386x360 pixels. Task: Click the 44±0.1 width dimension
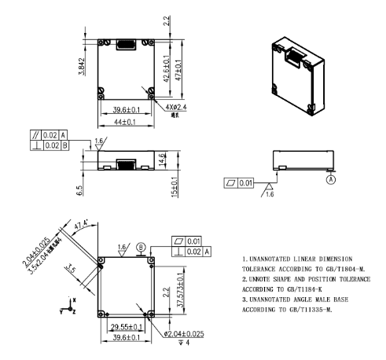coord(123,123)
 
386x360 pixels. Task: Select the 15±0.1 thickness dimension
coord(174,187)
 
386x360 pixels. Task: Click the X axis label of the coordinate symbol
coord(73,299)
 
